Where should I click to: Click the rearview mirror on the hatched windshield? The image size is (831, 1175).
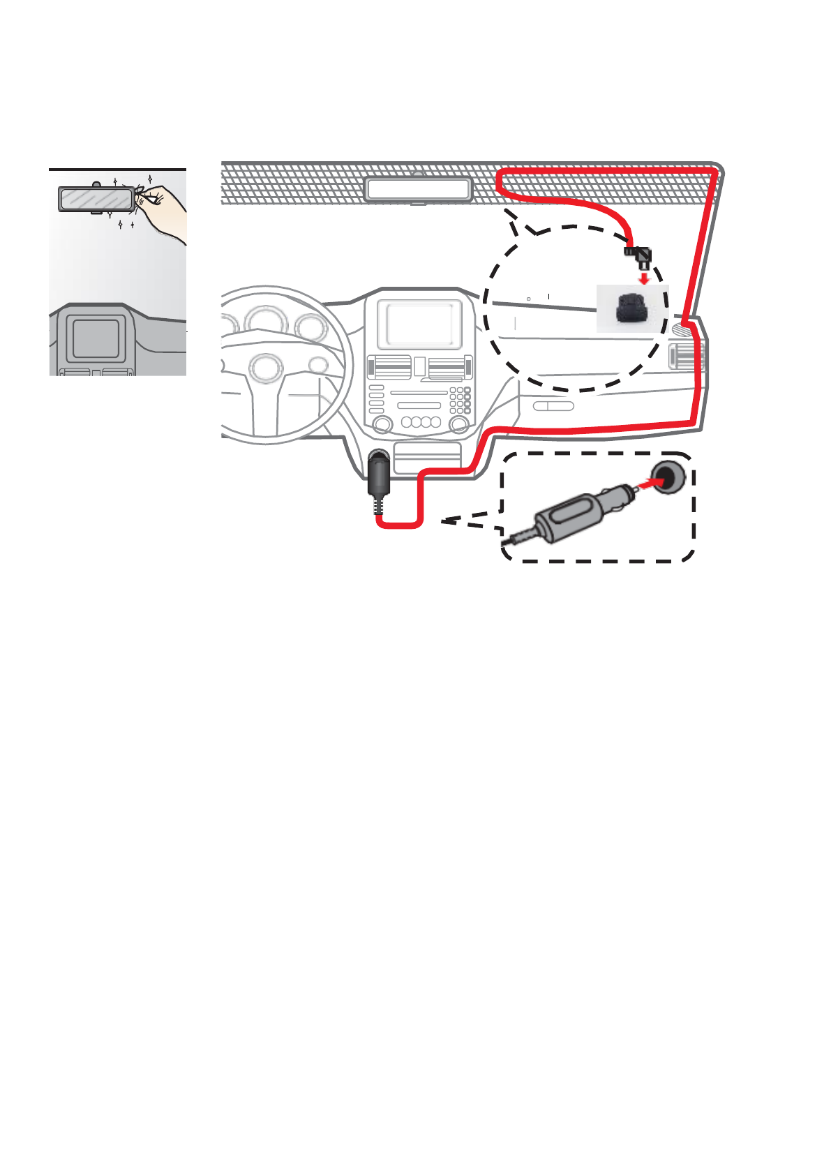[x=418, y=189]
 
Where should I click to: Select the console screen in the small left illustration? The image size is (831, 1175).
[x=96, y=338]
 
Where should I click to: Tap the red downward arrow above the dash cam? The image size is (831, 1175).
[x=645, y=278]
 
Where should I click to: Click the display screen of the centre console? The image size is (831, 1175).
[x=421, y=324]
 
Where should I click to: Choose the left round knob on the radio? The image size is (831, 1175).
[x=382, y=424]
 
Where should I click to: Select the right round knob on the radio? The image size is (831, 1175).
[x=458, y=424]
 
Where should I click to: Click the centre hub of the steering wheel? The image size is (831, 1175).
[x=266, y=368]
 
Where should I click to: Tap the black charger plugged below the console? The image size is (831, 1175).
[x=377, y=474]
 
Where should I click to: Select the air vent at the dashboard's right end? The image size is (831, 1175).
[x=684, y=357]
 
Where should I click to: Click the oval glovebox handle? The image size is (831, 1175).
[x=553, y=406]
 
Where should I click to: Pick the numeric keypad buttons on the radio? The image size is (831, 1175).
[x=460, y=400]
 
